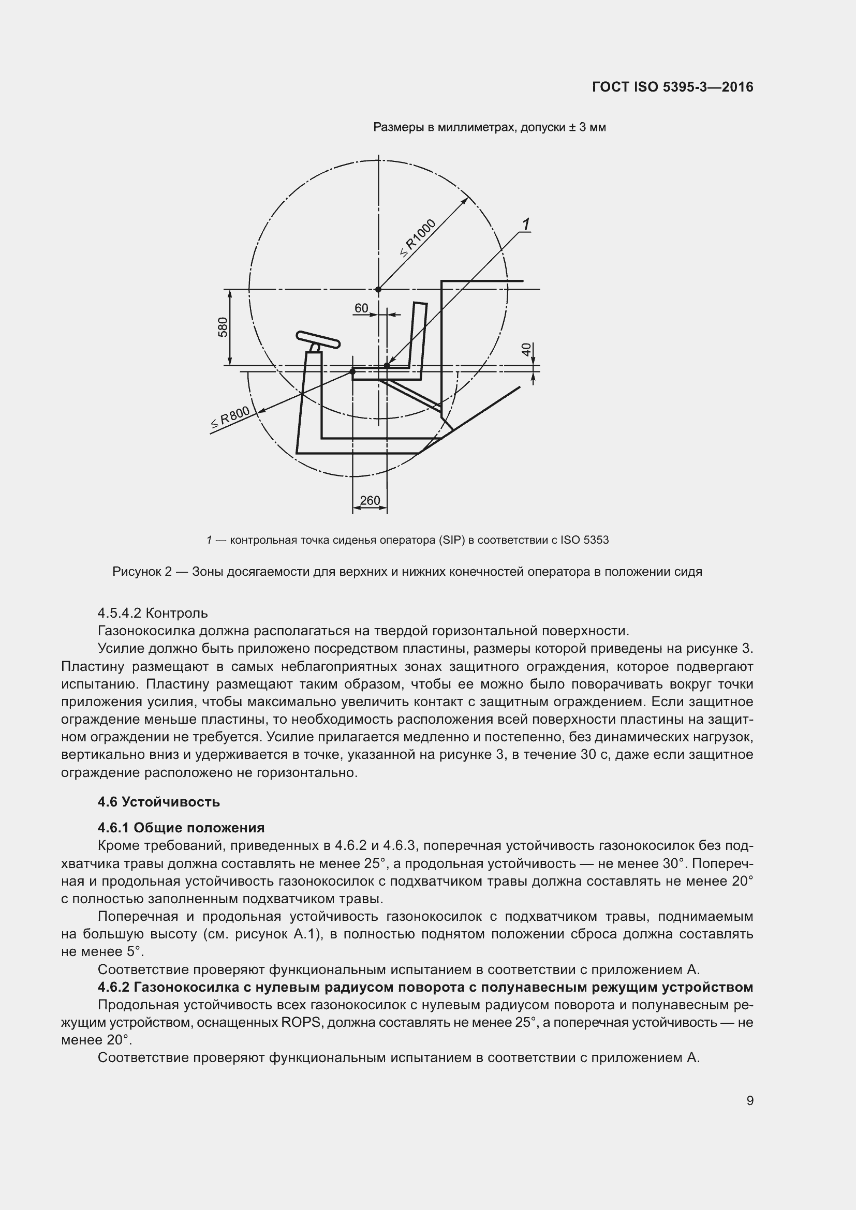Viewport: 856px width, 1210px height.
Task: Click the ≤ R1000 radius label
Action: click(419, 237)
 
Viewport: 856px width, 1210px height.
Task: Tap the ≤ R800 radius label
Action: click(230, 418)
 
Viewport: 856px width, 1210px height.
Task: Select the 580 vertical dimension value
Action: click(223, 327)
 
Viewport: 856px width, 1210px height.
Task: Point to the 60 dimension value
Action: click(361, 308)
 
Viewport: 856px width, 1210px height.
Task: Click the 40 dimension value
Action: click(526, 349)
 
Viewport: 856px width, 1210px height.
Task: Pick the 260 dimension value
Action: click(370, 500)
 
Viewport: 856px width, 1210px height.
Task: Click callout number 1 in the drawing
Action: click(525, 225)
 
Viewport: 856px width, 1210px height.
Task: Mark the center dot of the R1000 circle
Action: click(378, 289)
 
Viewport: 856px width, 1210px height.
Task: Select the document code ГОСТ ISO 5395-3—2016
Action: click(673, 87)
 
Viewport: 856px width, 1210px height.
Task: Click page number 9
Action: click(749, 1100)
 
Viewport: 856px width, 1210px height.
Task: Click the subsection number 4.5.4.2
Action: click(119, 614)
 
